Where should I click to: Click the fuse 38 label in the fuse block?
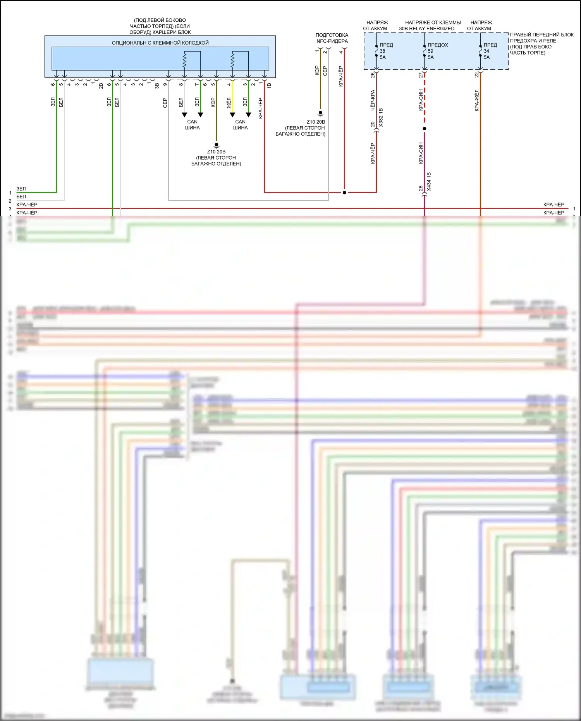click(x=382, y=51)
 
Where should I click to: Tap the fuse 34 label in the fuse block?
click(x=486, y=51)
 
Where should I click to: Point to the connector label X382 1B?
click(x=381, y=118)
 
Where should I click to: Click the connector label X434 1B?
click(x=429, y=182)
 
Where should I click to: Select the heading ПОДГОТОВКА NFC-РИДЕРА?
click(x=332, y=38)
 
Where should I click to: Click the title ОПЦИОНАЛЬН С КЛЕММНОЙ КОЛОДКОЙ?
click(x=160, y=43)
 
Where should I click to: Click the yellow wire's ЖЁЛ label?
click(x=229, y=103)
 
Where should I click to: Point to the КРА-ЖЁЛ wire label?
click(x=477, y=101)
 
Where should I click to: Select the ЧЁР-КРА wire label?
click(x=373, y=100)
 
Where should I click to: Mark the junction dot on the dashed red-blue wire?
click(x=425, y=129)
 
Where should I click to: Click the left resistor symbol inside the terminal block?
click(x=185, y=60)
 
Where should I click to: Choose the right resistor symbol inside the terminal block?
click(x=232, y=60)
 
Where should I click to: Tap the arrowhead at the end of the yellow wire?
click(x=232, y=115)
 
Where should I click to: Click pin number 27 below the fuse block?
click(x=421, y=75)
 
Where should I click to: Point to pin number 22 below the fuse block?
click(x=476, y=75)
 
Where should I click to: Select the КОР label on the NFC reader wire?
click(x=317, y=70)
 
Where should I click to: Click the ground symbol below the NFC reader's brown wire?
click(x=320, y=114)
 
